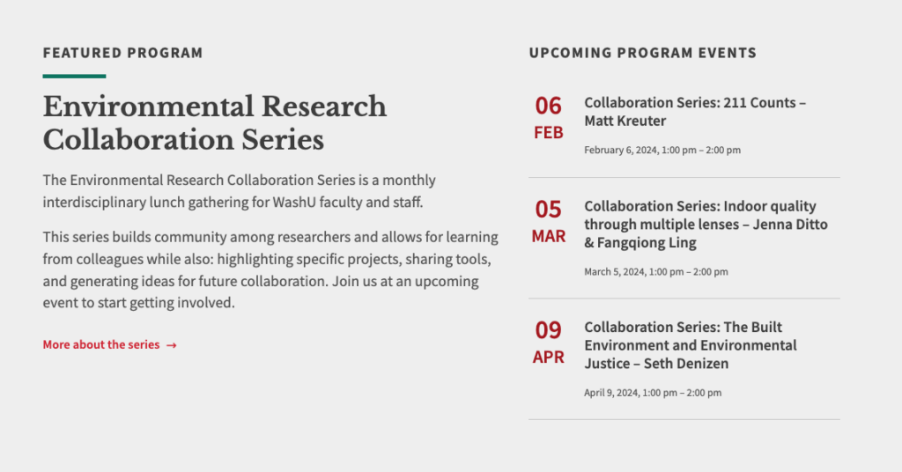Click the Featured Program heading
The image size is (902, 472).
122,53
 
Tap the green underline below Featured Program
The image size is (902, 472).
74,76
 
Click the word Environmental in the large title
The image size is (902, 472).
148,107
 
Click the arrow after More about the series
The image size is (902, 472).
172,345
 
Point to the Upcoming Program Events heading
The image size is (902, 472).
642,53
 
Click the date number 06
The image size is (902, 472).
548,106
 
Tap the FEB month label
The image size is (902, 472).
548,133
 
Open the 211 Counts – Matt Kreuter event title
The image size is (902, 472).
695,112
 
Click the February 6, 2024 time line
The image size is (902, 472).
662,150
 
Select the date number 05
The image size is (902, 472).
548,210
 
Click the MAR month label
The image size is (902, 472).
548,236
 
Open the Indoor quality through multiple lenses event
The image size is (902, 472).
706,225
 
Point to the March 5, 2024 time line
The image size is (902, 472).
655,272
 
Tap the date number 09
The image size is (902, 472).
548,330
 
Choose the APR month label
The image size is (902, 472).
548,357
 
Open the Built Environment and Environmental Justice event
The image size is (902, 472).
691,345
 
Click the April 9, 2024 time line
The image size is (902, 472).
653,394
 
